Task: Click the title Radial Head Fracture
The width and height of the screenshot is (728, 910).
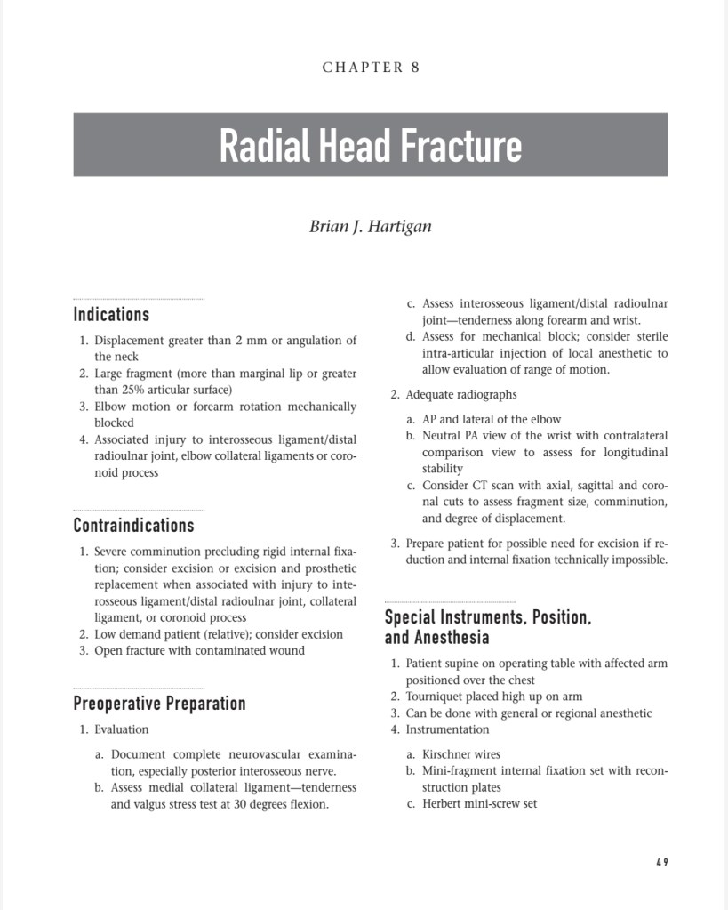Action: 370,145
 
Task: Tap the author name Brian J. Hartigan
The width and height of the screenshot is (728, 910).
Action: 370,226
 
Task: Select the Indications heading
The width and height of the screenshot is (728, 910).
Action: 111,314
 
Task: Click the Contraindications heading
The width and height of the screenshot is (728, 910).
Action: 133,525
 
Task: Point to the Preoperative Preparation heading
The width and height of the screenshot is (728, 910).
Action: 159,704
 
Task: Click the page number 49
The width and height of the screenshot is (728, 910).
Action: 662,862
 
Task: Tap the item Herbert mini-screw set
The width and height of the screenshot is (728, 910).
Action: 479,803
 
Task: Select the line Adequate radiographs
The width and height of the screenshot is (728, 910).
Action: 460,394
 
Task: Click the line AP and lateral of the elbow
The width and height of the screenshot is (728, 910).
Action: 492,419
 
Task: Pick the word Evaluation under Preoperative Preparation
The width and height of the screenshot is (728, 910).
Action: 122,729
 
